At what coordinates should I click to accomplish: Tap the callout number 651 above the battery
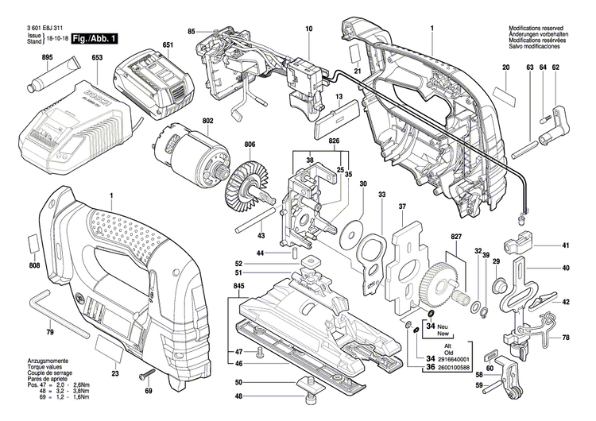(x=168, y=44)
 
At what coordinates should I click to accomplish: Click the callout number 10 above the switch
(x=309, y=29)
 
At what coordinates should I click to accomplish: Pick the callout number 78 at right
(x=567, y=338)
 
